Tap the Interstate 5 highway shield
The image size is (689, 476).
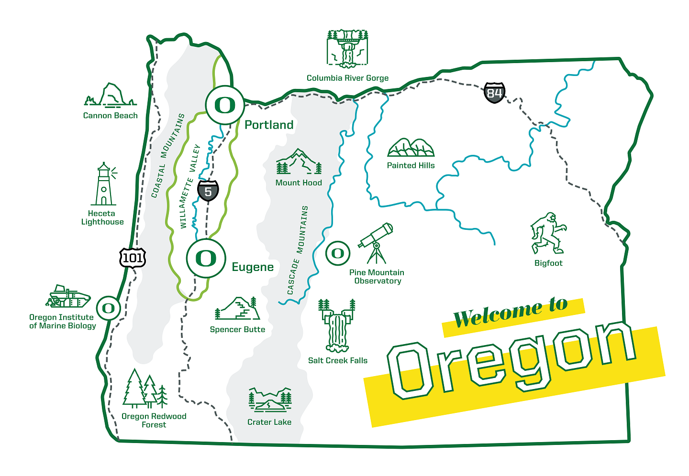click(208, 191)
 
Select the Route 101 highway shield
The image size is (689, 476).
click(133, 258)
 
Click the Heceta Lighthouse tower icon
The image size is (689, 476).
click(104, 184)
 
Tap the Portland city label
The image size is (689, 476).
click(269, 125)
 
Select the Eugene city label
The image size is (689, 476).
click(253, 267)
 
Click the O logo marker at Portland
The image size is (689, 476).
click(225, 105)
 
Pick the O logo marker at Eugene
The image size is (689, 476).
click(206, 259)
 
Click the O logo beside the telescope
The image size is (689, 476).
click(338, 253)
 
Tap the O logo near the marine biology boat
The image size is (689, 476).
click(109, 308)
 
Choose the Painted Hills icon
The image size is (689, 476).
click(411, 148)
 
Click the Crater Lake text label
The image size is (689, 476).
click(269, 422)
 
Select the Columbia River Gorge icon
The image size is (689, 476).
click(347, 48)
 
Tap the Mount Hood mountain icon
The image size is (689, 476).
click(299, 162)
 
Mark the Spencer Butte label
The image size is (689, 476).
click(237, 329)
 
